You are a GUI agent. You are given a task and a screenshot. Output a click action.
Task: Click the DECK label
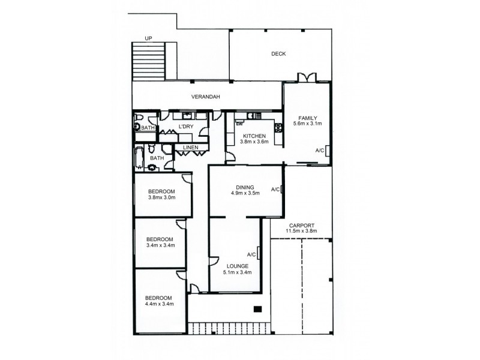coord(278,54)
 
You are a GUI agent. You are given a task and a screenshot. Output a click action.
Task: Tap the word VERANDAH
coord(204,97)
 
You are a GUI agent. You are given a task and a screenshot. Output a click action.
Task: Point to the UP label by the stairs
coord(148,39)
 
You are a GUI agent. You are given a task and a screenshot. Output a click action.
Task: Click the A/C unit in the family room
coord(327,151)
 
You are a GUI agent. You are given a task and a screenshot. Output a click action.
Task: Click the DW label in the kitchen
coord(239,124)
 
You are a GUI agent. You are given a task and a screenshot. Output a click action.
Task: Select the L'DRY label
coord(186,126)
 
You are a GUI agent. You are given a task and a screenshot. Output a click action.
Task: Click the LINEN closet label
coord(191,146)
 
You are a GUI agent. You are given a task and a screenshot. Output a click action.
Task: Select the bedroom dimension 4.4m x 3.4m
coord(160,305)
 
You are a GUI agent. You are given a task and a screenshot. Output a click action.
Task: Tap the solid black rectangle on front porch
coord(257,310)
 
